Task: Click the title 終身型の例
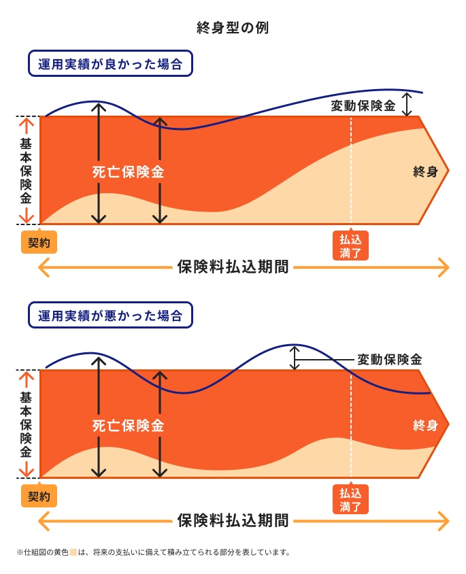click(x=233, y=28)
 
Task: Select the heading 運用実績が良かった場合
click(x=110, y=65)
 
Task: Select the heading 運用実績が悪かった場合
click(x=110, y=316)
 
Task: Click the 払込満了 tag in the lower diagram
click(x=350, y=499)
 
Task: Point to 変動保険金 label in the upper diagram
click(x=363, y=106)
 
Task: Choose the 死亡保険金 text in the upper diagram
click(x=129, y=172)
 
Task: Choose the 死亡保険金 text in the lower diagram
click(x=129, y=426)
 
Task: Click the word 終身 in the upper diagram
click(x=425, y=172)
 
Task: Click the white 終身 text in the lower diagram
click(x=425, y=426)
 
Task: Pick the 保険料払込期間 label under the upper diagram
click(x=233, y=267)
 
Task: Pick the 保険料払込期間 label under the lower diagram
click(x=233, y=521)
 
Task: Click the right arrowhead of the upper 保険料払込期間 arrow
click(x=444, y=267)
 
